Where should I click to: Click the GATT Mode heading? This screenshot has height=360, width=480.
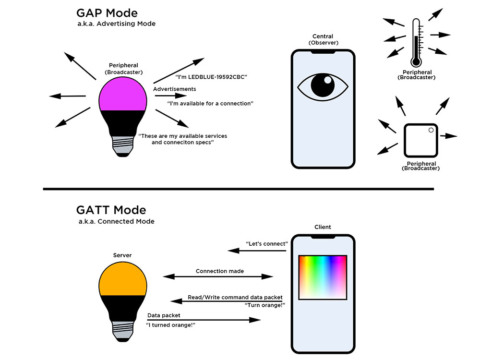tap(111, 210)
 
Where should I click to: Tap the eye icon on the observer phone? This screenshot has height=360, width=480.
tap(323, 86)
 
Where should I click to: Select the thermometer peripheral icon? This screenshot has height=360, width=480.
tap(415, 43)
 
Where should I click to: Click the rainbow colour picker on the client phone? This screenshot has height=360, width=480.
tap(323, 277)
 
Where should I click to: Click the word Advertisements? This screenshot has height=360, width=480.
tap(174, 89)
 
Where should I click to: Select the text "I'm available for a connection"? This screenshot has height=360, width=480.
tap(210, 104)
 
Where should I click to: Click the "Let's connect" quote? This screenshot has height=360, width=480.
tap(266, 244)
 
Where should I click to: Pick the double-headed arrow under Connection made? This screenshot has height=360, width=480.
tap(218, 276)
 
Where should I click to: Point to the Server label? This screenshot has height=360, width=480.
tap(122, 255)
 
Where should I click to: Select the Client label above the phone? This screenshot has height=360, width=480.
tap(323, 227)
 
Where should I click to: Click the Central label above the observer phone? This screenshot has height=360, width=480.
tap(323, 36)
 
